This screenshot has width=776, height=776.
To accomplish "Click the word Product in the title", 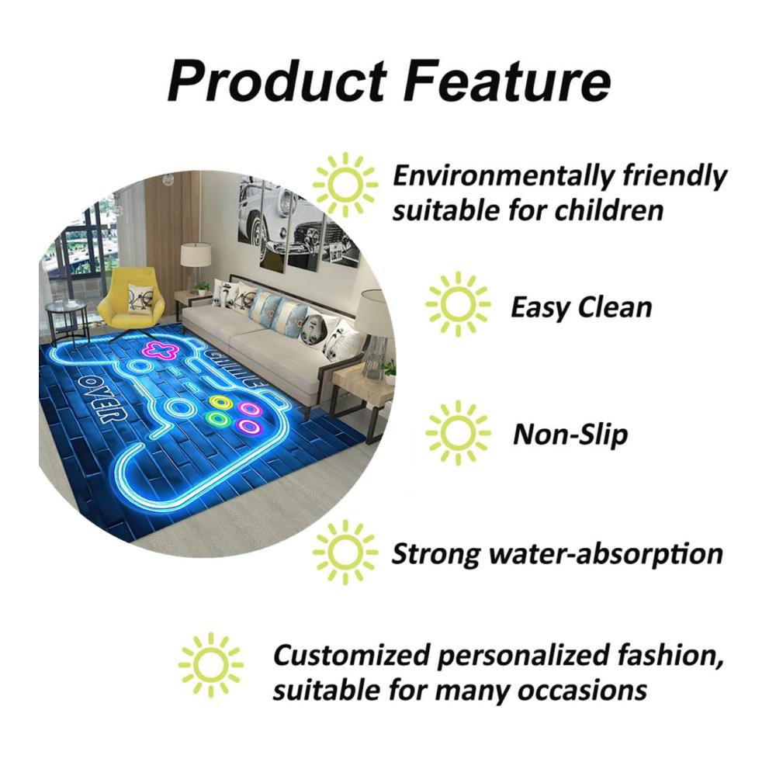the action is click(278, 80).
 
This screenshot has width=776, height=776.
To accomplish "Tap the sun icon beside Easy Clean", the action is click(458, 304).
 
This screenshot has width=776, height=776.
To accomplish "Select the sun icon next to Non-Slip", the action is click(458, 433).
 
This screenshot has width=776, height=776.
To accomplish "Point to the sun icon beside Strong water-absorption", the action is click(345, 552).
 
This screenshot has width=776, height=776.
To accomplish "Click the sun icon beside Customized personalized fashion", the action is click(211, 665).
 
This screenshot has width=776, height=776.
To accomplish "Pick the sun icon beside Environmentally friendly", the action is click(345, 185).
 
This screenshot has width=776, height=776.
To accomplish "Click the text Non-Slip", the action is click(570, 435).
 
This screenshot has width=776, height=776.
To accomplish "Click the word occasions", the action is click(582, 690).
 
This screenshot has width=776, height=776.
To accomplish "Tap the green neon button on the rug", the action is click(218, 419).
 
